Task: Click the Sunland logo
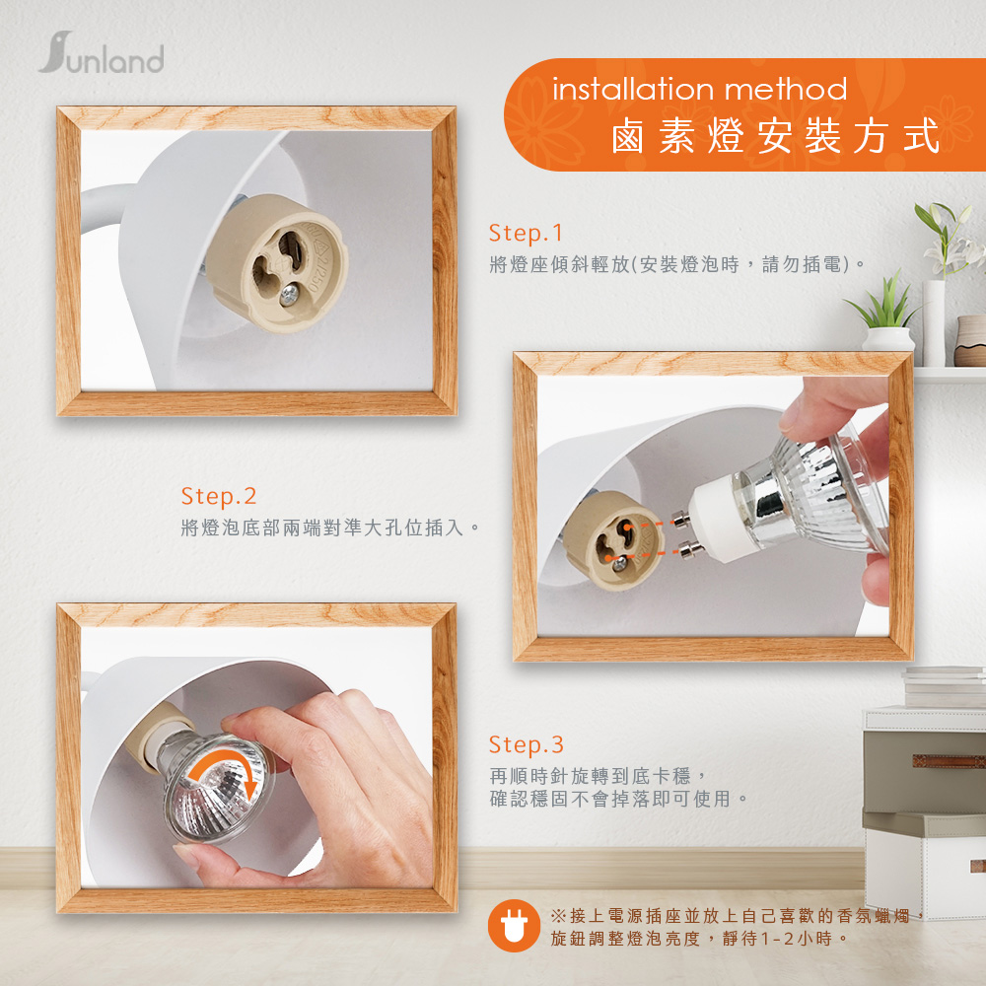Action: click(102, 53)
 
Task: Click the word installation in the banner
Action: click(633, 89)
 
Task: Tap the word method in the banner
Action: click(786, 89)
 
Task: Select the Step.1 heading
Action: click(526, 234)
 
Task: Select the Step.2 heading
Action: click(218, 497)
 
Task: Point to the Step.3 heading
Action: click(526, 744)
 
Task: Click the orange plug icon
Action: click(514, 926)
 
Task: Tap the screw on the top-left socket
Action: click(289, 294)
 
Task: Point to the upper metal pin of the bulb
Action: click(680, 520)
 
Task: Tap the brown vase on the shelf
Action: click(969, 341)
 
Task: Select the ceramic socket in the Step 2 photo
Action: click(611, 540)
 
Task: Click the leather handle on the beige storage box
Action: click(949, 761)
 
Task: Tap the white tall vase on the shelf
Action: click(934, 323)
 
